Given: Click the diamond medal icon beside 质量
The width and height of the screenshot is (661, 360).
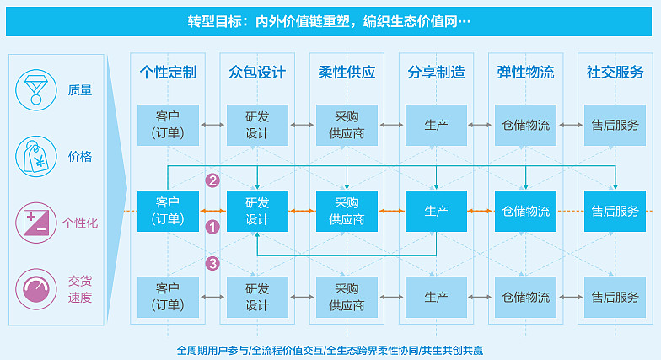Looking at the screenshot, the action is (36, 90).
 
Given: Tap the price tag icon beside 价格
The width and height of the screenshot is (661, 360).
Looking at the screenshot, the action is (36, 157).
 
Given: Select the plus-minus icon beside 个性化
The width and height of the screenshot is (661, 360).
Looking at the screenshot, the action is (36, 223).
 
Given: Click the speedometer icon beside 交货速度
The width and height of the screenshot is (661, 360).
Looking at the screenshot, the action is (36, 289).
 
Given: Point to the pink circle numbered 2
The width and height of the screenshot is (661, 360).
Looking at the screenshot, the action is (212, 180).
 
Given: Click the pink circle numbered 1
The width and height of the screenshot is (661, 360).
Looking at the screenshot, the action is (212, 228).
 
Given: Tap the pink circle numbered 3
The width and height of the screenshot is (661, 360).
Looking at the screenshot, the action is (212, 264).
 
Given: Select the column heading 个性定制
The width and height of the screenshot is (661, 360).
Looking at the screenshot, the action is (168, 73).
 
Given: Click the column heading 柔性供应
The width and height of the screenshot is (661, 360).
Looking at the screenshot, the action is (347, 73).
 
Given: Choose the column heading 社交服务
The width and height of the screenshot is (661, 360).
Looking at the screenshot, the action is (615, 73).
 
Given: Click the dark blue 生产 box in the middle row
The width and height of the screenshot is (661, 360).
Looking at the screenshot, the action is (437, 211).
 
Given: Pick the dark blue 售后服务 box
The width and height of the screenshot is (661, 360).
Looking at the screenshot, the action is (615, 211).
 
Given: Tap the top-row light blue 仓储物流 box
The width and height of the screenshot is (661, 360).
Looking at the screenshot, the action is (526, 125).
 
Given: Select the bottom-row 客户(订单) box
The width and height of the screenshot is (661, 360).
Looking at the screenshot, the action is (169, 297).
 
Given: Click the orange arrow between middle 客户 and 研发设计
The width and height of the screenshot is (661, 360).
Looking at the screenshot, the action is (212, 211).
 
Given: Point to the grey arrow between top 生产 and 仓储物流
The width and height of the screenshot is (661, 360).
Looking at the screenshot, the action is (481, 125).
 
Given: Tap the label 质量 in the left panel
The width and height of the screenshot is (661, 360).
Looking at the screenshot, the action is (80, 90).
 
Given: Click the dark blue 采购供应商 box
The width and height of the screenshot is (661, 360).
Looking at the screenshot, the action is (347, 211).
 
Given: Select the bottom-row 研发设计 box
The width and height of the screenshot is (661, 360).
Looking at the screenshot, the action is (258, 297).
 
